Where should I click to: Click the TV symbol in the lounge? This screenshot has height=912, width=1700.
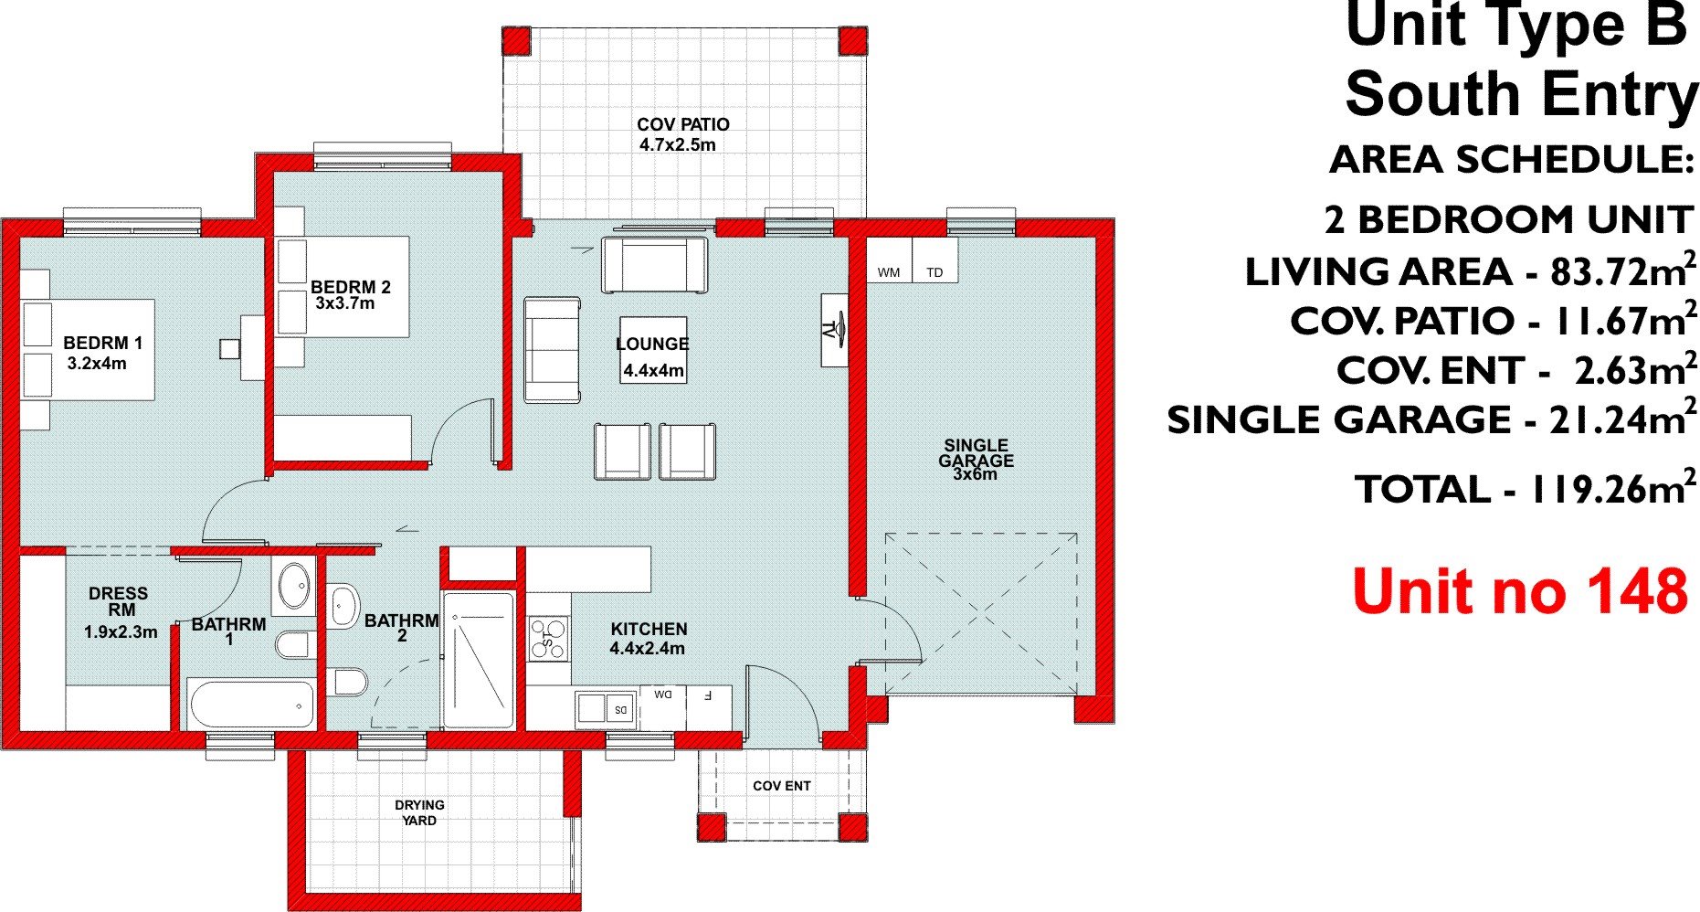834,330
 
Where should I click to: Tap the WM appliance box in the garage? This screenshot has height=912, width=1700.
889,260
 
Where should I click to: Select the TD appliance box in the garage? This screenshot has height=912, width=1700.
935,260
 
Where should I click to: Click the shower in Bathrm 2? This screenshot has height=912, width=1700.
479,659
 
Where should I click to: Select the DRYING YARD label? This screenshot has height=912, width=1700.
419,812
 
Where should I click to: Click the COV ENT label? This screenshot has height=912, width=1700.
781,786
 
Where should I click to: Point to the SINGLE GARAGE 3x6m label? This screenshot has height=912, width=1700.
976,460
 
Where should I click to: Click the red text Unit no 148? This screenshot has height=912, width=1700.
1519,591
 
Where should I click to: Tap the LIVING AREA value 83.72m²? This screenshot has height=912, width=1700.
1623,271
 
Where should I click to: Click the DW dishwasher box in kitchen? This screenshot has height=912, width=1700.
662,695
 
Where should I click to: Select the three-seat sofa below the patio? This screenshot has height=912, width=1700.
654,265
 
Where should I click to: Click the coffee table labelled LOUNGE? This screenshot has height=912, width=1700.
652,350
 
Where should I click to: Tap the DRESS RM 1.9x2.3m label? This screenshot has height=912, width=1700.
120,612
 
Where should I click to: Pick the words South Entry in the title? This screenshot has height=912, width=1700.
1520,95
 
